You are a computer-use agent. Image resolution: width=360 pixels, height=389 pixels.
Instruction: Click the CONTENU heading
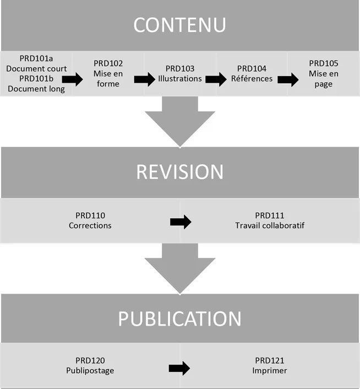179,25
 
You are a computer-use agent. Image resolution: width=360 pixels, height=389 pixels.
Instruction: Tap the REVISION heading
179,171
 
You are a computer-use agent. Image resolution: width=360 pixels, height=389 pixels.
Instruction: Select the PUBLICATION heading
179,318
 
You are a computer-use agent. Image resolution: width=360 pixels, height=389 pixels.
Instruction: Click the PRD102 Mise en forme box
108,73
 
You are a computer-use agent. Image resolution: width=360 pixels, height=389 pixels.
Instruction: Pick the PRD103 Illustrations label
180,73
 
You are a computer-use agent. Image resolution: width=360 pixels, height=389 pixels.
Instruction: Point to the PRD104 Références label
252,73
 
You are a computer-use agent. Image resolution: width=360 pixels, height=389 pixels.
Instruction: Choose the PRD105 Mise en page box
324,73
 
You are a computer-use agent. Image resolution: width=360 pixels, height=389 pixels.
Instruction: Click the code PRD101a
36,59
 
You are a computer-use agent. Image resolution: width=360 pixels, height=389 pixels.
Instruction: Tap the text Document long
36,88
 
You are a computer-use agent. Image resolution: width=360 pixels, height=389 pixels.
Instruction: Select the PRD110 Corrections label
90,220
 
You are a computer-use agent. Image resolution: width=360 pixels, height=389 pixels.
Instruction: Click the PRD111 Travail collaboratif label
270,220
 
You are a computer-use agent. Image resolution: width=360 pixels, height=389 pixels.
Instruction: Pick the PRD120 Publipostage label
90,366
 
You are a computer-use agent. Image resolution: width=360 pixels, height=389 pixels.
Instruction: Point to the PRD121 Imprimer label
270,366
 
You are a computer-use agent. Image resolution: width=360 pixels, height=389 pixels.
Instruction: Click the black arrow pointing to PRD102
72,79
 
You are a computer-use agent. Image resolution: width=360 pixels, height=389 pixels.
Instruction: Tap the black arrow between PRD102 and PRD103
144,79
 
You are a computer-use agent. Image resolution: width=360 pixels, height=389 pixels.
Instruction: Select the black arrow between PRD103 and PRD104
216,79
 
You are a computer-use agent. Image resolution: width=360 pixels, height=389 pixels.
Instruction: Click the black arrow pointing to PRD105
288,79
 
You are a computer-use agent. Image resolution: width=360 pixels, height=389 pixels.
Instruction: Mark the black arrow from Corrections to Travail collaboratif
181,222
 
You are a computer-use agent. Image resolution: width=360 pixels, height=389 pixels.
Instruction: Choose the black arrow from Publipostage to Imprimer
179,368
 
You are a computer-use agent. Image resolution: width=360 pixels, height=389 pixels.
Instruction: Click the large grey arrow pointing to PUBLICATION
179,268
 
